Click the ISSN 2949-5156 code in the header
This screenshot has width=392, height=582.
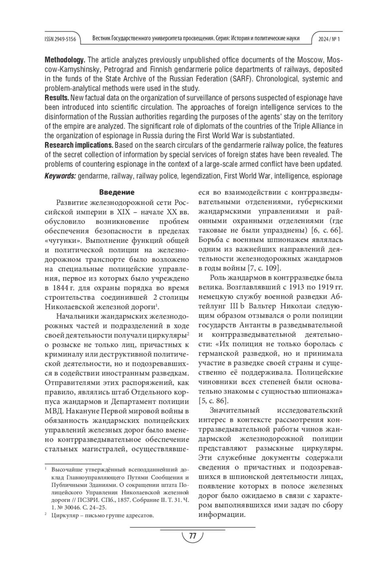[60, 39]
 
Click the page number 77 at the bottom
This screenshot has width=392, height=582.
[192, 536]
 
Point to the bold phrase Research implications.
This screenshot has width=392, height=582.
[79, 145]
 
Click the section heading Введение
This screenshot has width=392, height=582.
[117, 192]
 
